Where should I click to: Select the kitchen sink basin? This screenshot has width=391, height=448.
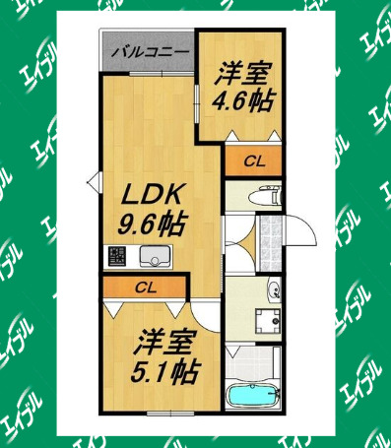click(x=157, y=258)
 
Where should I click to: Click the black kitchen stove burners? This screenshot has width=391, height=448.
click(x=117, y=258)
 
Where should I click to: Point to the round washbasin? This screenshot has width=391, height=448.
click(x=275, y=290)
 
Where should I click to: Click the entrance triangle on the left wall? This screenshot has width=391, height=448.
click(x=94, y=180)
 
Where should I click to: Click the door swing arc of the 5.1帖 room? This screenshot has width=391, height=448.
click(x=205, y=313)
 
